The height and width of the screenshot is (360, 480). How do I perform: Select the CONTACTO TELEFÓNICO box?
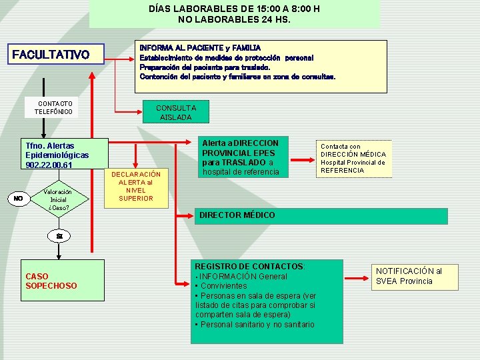[x=55, y=108]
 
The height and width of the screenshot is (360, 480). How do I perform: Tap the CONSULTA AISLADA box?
[x=176, y=112]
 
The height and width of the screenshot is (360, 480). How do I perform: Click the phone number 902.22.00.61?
[x=49, y=165]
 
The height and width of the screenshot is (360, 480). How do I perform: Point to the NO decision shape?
[x=19, y=198]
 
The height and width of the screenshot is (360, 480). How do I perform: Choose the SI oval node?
[x=59, y=236]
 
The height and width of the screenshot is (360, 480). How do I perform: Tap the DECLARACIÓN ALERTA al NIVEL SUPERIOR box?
[x=136, y=187]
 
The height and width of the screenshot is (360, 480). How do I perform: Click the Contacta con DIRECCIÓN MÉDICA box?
[x=353, y=158]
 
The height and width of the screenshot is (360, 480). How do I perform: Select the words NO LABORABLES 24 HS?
[x=234, y=19]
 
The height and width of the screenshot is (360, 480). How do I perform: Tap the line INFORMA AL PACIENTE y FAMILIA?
[x=200, y=48]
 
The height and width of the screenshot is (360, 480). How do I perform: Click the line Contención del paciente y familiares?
[x=237, y=76]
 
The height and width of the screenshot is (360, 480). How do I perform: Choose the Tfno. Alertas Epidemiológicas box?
[x=57, y=155]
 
